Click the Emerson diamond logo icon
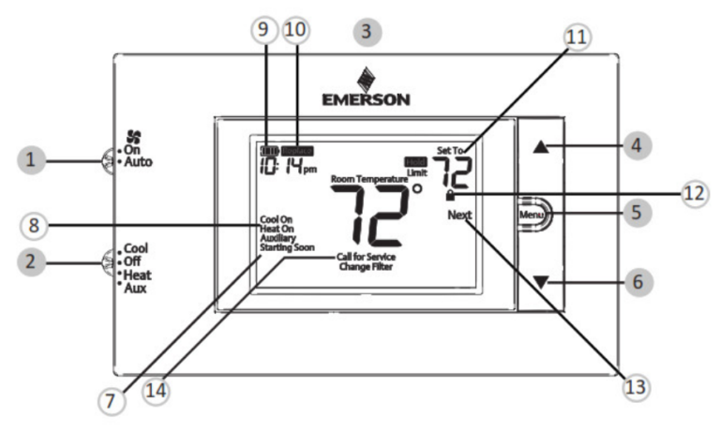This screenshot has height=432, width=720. (x=366, y=78)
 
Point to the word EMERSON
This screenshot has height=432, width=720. (x=366, y=97)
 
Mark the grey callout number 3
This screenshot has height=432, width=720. (x=366, y=31)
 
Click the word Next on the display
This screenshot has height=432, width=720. (x=460, y=215)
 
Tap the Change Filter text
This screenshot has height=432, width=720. (x=366, y=267)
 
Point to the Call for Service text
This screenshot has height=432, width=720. (x=367, y=257)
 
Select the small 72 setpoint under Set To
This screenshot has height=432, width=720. (x=456, y=171)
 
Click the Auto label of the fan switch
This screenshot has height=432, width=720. (x=138, y=162)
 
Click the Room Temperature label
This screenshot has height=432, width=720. (x=369, y=177)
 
